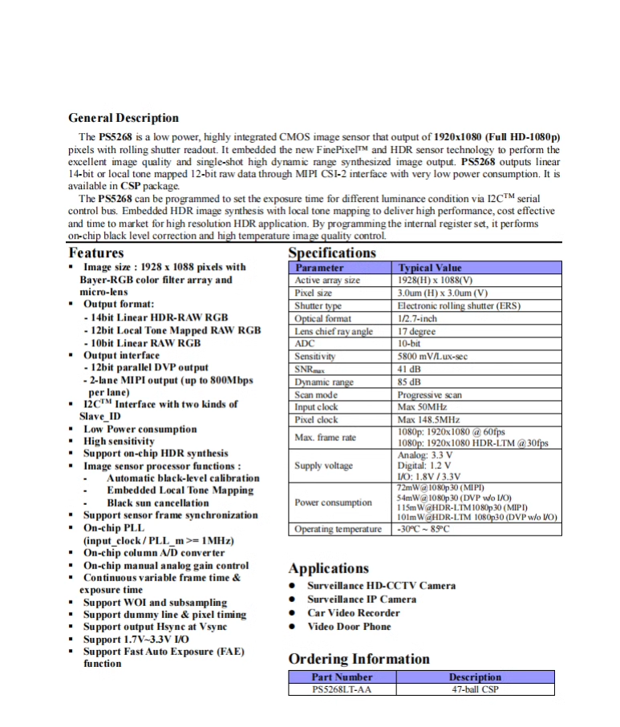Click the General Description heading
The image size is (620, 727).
click(124, 118)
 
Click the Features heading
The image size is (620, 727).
click(96, 252)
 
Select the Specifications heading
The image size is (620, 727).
click(332, 252)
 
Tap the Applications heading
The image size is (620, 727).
click(329, 568)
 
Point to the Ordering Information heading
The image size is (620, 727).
click(359, 659)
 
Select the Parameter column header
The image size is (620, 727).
click(319, 268)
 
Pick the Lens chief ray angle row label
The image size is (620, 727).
click(334, 331)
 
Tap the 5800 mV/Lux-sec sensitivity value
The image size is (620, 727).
click(432, 356)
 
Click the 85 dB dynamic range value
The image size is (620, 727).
click(411, 382)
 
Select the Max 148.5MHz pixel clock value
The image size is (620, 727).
click(429, 419)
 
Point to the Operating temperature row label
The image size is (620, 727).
click(338, 529)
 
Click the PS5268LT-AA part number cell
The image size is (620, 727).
click(342, 689)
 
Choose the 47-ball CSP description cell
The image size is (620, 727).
click(475, 689)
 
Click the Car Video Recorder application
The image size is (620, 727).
click(354, 612)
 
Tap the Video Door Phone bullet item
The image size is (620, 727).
click(349, 626)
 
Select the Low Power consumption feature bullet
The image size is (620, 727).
click(140, 429)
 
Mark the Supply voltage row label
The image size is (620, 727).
click(323, 466)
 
